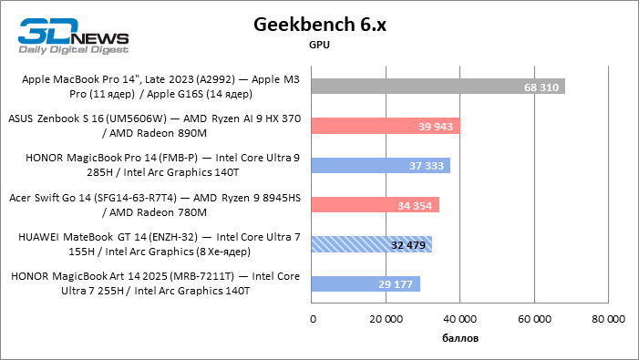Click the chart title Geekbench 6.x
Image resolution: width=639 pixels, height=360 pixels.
pyautogui.click(x=319, y=25)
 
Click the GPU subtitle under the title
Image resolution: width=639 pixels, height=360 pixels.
pyautogui.click(x=319, y=44)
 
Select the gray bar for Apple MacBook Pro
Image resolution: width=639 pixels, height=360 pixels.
pyautogui.click(x=438, y=87)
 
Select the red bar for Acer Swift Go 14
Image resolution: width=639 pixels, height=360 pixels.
pyautogui.click(x=375, y=205)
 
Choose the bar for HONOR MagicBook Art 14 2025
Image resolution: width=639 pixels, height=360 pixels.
pyautogui.click(x=365, y=283)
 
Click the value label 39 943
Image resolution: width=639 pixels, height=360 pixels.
pyautogui.click(x=436, y=126)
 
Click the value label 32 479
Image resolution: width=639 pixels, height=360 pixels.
pyautogui.click(x=408, y=244)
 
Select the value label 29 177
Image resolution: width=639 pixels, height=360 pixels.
pyautogui.click(x=396, y=283)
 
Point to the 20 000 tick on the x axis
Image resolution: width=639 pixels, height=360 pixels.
pyautogui.click(x=386, y=319)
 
